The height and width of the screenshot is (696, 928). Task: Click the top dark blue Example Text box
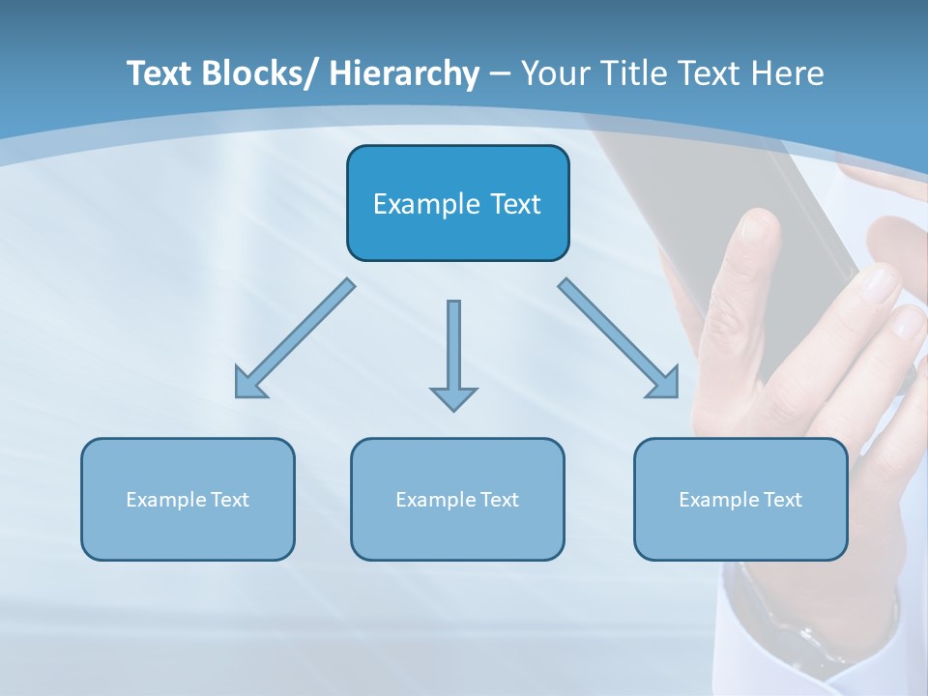457,203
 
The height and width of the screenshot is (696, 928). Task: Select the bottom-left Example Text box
188,499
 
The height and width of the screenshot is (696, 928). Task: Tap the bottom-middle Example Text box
457,499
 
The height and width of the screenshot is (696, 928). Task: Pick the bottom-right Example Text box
740,499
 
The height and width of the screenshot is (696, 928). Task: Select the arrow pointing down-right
620,339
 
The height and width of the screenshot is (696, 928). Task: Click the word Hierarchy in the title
403,73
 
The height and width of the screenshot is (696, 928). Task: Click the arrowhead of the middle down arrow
453,396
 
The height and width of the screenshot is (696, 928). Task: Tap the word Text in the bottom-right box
782,499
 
